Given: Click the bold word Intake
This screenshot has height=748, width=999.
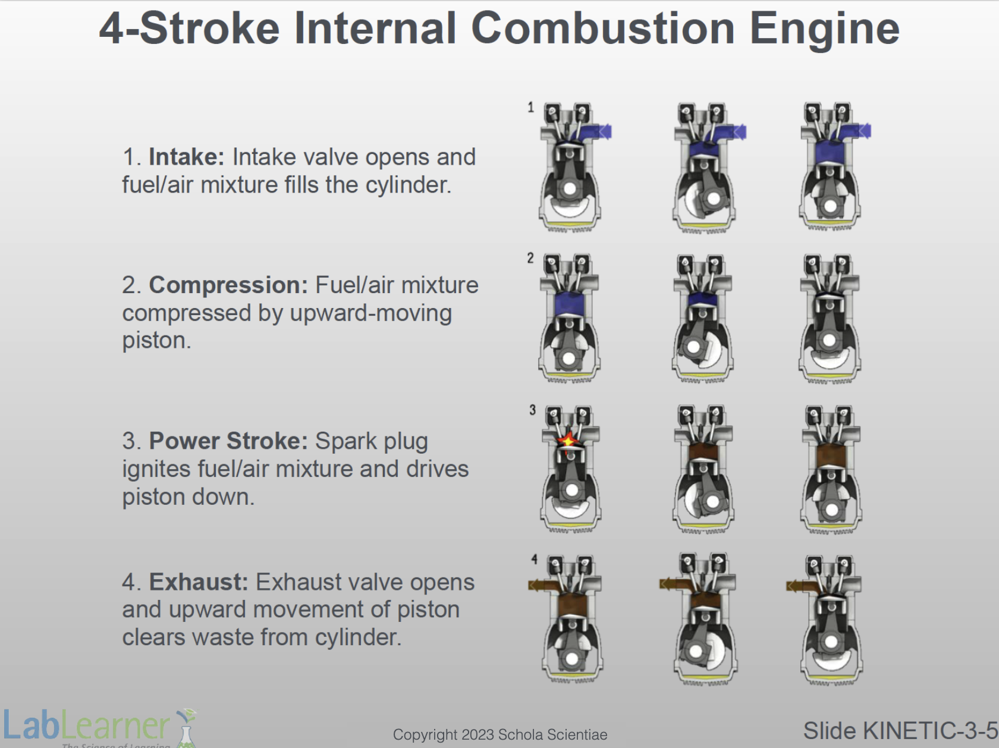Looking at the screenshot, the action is (x=187, y=157).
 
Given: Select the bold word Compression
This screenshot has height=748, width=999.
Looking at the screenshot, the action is (x=228, y=285).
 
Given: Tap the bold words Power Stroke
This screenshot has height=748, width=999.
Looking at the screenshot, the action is (x=228, y=441).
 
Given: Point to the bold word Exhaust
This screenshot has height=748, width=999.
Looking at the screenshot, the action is (x=199, y=582).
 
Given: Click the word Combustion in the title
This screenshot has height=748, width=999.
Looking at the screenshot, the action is (x=602, y=28).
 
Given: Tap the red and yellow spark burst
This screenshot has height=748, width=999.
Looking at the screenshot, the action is (x=567, y=440).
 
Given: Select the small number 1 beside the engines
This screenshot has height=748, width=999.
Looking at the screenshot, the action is (x=530, y=108).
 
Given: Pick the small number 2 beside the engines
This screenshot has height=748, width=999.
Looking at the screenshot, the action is (x=530, y=259).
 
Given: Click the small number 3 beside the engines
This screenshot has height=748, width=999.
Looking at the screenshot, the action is (x=532, y=410).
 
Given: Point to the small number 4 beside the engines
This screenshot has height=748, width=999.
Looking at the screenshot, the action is (x=535, y=559).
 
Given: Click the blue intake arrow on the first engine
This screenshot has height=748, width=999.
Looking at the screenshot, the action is (x=604, y=132).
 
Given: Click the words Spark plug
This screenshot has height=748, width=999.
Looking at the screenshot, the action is (x=372, y=442).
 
